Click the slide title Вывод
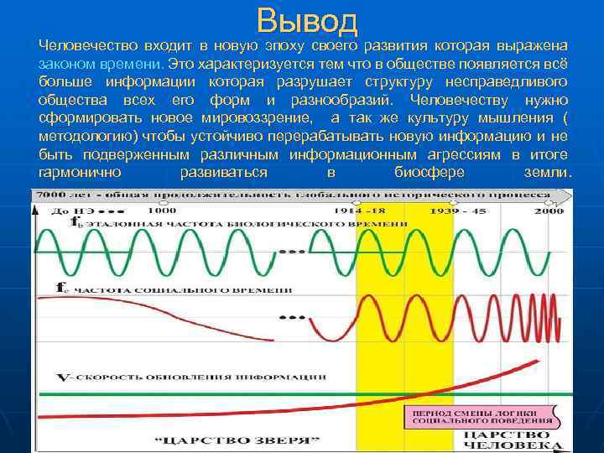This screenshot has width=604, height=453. [308, 20]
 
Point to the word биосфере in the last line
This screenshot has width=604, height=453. [429, 172]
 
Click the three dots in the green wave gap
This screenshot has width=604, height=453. [291, 251]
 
